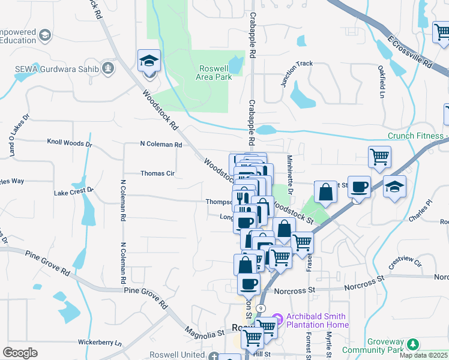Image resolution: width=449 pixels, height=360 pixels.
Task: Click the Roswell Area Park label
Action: tap(215, 73)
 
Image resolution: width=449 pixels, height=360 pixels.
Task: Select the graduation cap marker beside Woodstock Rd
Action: tap(149, 61)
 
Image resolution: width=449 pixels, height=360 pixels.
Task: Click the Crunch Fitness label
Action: tap(415, 136)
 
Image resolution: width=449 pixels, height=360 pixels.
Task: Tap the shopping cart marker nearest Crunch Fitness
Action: tap(379, 157)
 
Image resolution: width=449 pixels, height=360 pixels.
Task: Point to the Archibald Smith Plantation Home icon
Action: tap(277, 317)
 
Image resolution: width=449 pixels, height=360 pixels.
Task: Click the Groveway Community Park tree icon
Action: tap(412, 344)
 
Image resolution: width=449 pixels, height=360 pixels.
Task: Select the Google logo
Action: tap(20, 353)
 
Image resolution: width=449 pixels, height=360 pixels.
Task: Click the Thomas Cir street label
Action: tap(157, 173)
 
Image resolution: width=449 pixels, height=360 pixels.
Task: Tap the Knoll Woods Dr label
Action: tap(69, 143)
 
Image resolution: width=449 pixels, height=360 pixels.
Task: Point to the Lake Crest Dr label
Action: tap(74, 191)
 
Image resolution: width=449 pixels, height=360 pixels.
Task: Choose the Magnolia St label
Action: tap(204, 331)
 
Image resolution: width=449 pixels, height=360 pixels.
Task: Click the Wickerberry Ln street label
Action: tap(100, 343)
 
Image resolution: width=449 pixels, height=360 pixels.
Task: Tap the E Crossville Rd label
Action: tap(410, 52)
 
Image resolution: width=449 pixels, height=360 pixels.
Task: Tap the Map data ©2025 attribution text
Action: tap(423, 355)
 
